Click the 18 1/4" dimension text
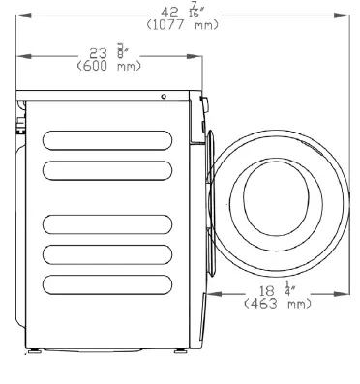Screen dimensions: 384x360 click(277, 291)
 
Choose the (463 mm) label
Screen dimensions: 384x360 click(276, 303)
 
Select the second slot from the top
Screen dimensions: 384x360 click(109, 170)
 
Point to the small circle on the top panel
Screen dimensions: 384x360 click(164, 97)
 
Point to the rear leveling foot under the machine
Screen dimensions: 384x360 click(35, 346)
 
